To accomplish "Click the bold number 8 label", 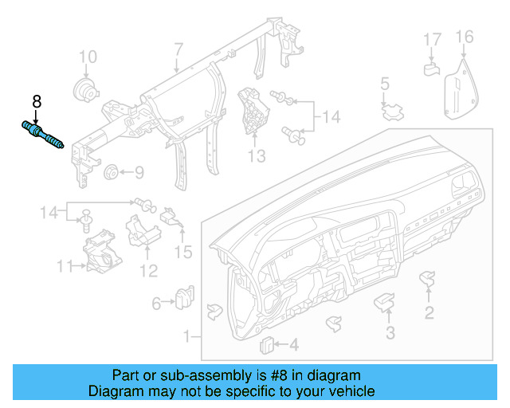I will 36,102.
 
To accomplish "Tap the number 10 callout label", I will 88,57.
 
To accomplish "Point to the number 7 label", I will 178,50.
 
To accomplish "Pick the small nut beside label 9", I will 112,171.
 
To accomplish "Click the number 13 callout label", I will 257,156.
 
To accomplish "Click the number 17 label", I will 431,39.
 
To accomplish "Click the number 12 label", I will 149,271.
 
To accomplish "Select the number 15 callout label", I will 183,253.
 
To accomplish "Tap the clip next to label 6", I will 185,296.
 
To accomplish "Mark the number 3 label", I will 390,332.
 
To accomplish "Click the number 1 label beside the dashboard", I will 187,337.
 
